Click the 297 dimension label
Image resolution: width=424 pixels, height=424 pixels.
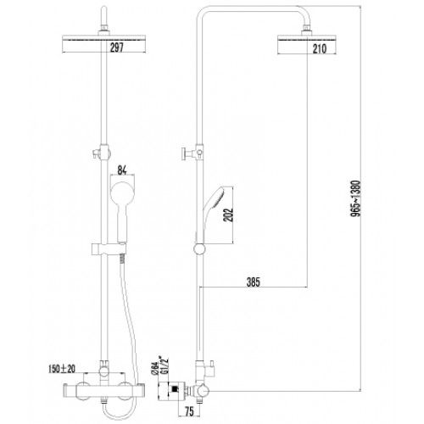(117, 47)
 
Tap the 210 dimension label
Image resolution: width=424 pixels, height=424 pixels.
(320, 49)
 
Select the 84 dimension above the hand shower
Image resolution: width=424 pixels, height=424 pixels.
(122, 170)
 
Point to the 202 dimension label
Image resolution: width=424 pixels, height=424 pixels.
(228, 215)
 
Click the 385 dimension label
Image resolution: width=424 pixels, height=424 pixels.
(253, 282)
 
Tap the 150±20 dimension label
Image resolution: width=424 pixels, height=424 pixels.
(62, 369)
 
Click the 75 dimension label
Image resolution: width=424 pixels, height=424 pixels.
(189, 411)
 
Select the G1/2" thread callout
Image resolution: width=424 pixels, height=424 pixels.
(164, 365)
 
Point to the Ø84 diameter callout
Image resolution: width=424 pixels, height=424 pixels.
(155, 369)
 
